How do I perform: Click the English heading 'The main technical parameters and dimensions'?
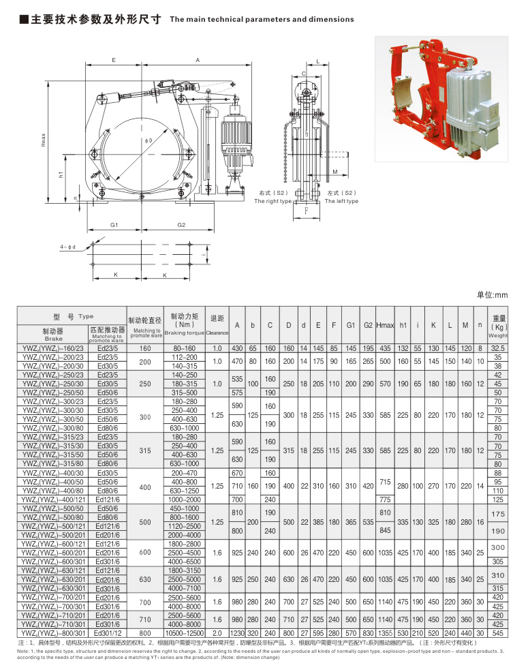coord(261,20)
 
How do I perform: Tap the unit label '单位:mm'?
coord(493,295)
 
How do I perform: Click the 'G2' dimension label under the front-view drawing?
coord(182,225)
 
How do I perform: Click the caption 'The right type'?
coord(272,202)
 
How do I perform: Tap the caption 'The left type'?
coord(342,202)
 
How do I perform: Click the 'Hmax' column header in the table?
coord(385,325)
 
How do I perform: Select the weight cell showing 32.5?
coord(497,348)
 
